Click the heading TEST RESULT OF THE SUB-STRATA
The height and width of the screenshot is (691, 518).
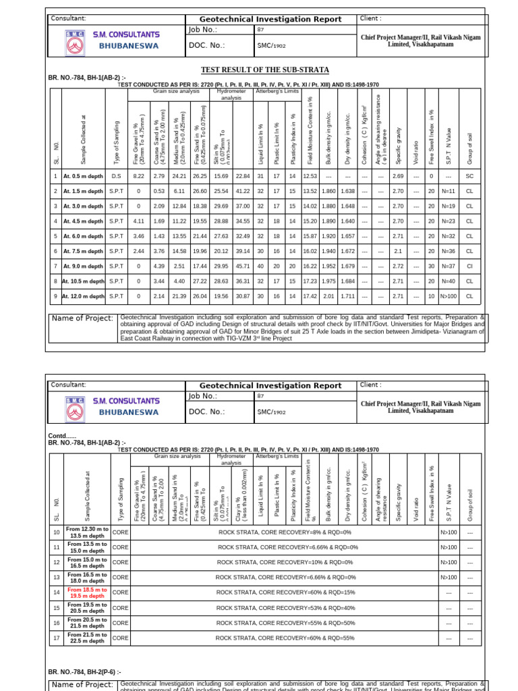[x=266, y=70]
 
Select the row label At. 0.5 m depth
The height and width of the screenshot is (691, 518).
[x=83, y=176]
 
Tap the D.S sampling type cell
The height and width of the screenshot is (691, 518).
[x=117, y=176]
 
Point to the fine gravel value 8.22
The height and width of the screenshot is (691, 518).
[x=139, y=176]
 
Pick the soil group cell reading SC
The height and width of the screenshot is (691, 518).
[x=469, y=176]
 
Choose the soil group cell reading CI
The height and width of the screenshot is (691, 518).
[x=469, y=266]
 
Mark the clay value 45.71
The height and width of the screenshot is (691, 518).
[x=243, y=266]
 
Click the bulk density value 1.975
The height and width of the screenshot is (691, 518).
[x=328, y=281]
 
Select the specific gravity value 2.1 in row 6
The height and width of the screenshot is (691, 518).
[x=398, y=251]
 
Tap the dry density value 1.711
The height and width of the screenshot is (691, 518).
[x=347, y=296]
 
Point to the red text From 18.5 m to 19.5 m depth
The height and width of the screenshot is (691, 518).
[x=87, y=592]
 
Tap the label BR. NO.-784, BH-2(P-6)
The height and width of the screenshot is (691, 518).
[x=84, y=672]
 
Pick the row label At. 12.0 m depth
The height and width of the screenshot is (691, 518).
[x=83, y=296]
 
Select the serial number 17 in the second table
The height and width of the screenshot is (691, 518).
[x=56, y=638]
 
